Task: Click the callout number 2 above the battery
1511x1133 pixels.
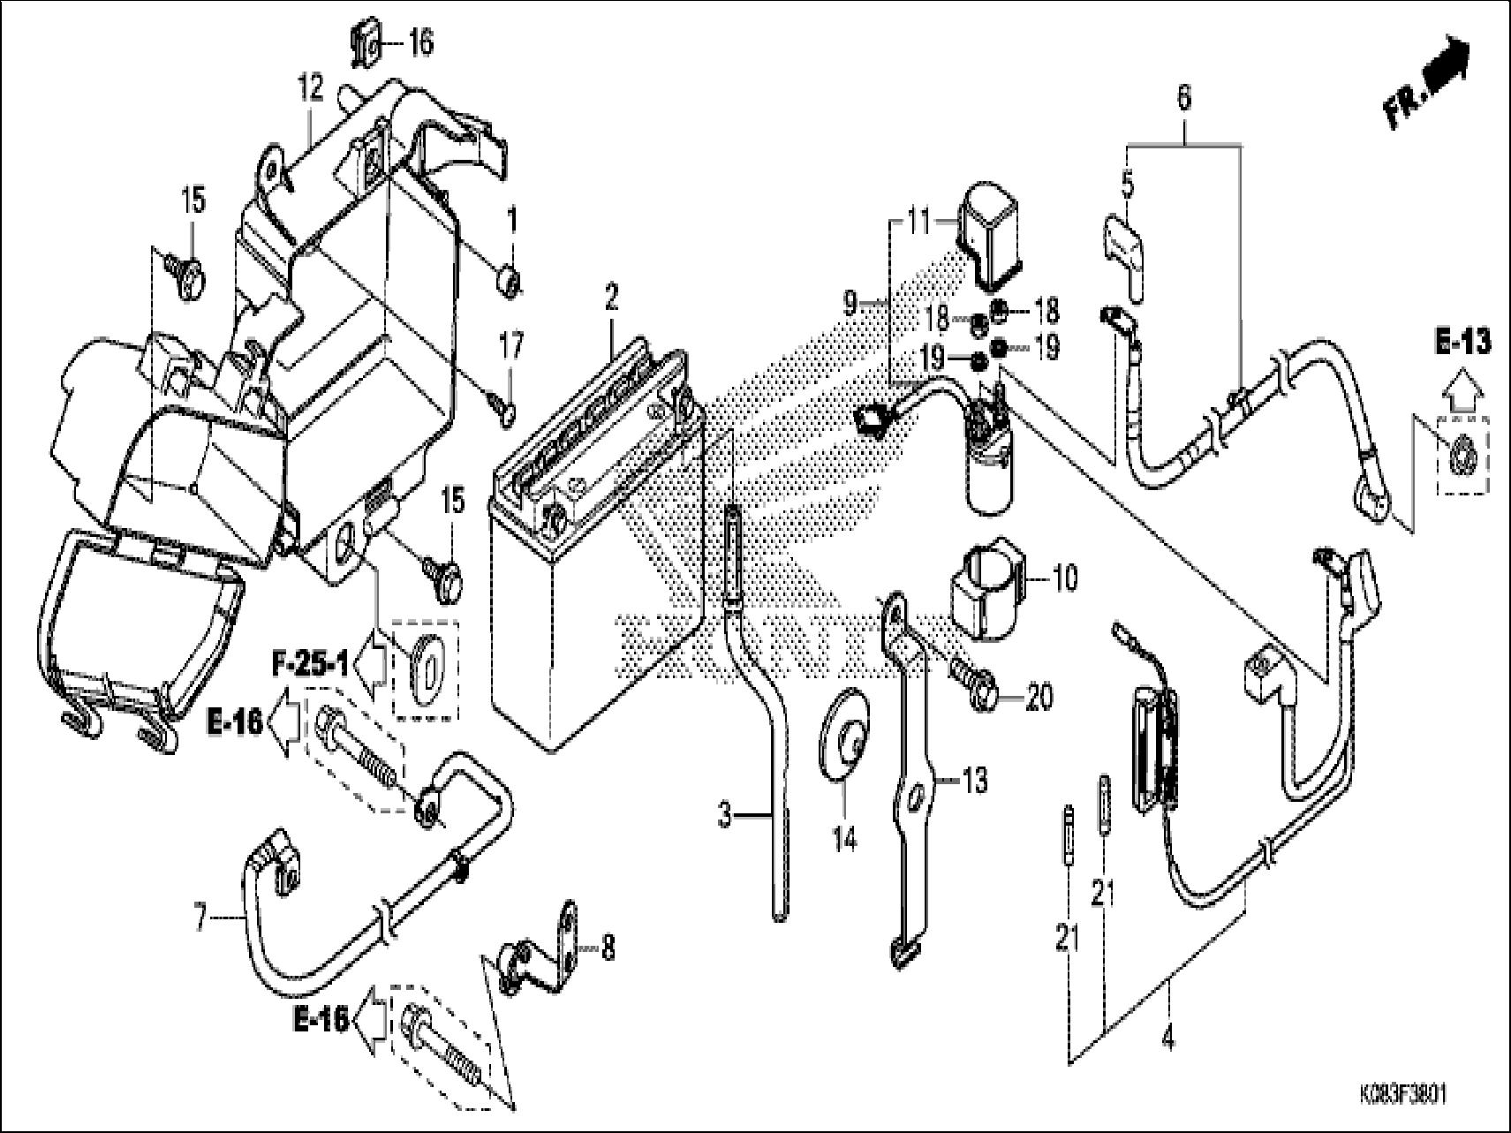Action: point(611,298)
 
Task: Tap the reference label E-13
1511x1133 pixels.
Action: point(1462,342)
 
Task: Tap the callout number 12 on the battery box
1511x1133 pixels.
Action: point(310,89)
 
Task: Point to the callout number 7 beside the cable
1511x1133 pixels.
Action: point(200,920)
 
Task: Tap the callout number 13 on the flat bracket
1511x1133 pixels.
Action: point(974,782)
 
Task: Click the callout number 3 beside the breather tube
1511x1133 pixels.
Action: point(725,816)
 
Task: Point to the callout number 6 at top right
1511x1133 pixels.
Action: point(1184,97)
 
